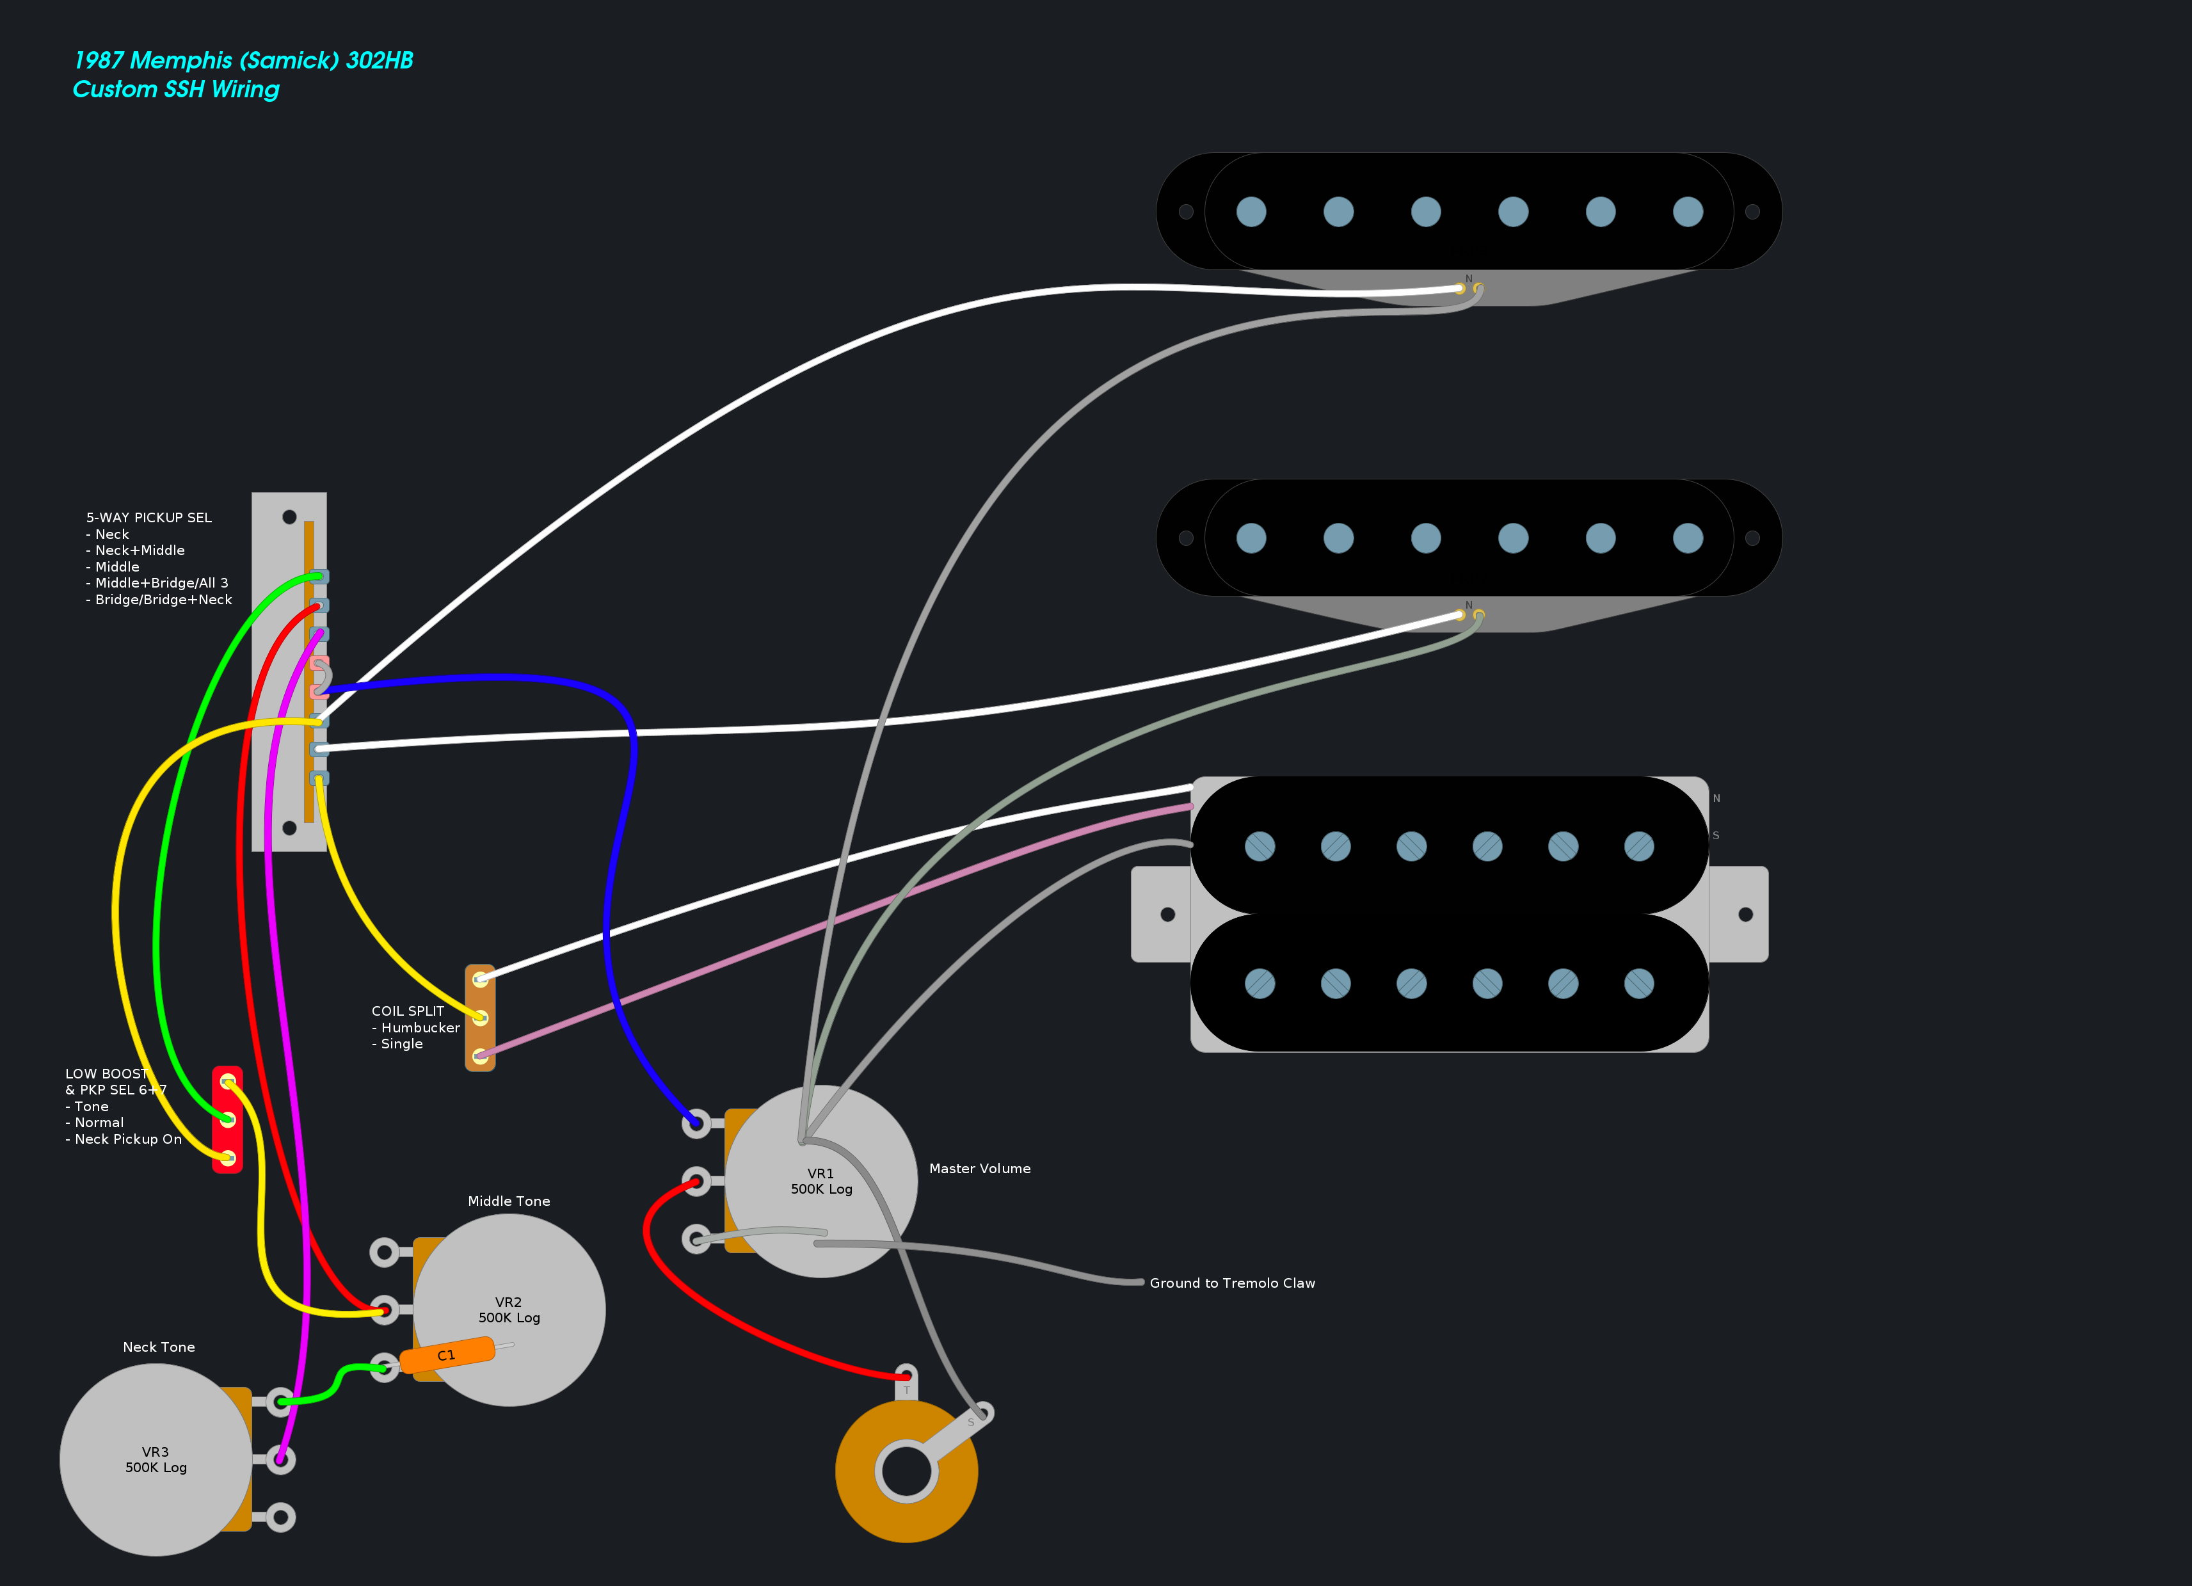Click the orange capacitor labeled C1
coord(447,1354)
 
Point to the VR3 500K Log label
coord(156,1459)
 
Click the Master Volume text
coord(979,1169)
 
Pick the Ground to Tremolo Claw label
coord(1231,1283)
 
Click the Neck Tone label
coord(159,1347)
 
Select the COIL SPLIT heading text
coord(407,1011)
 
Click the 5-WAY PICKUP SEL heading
coord(149,517)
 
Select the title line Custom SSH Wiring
coord(176,89)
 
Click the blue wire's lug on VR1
coord(695,1123)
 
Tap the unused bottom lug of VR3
coord(280,1516)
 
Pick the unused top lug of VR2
coord(384,1253)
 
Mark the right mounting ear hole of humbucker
coord(1745,915)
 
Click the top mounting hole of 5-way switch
coord(289,517)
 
